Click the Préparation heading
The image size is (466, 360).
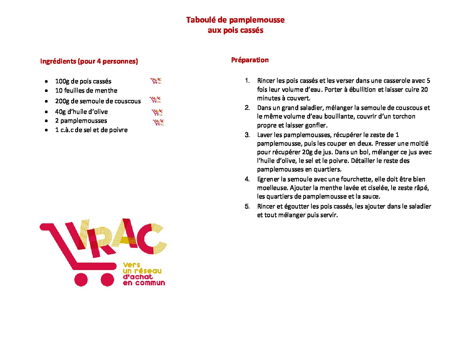coord(250,60)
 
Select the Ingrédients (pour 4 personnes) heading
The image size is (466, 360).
coord(89,61)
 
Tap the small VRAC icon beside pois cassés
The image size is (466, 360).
coord(156,81)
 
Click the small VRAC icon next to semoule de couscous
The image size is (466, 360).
coord(155,99)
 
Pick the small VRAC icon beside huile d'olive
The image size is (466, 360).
coord(158,112)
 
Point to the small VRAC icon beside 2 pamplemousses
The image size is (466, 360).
coord(159,122)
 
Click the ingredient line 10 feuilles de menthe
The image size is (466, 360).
coord(86,90)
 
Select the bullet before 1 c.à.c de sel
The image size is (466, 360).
coord(47,130)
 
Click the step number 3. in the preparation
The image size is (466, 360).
coord(247,135)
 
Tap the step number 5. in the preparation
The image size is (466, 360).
coord(247,206)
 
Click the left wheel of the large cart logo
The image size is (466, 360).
coord(81,279)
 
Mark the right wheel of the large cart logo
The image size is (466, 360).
coord(107,279)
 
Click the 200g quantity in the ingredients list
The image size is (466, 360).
coord(62,101)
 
